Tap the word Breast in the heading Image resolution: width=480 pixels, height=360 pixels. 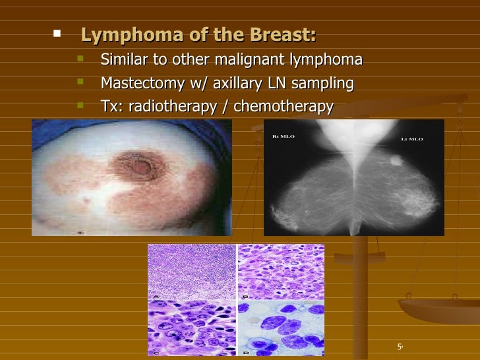click(x=285, y=34)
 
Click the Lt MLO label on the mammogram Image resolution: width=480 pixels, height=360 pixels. click(x=412, y=139)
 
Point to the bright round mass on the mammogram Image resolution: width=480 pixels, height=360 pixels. click(x=396, y=160)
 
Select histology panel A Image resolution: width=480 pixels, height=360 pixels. click(x=192, y=271)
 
